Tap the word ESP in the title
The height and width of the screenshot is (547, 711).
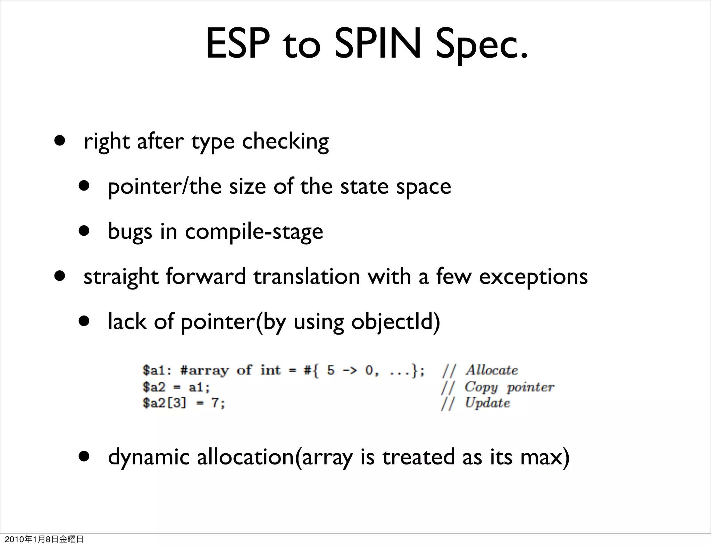pyautogui.click(x=238, y=44)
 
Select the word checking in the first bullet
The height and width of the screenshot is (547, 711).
pyautogui.click(x=285, y=142)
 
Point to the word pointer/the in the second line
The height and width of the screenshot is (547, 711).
pyautogui.click(x=165, y=187)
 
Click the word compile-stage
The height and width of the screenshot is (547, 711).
pyautogui.click(x=254, y=232)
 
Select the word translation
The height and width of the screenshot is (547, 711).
pyautogui.click(x=307, y=277)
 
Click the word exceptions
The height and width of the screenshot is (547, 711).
pyautogui.click(x=533, y=277)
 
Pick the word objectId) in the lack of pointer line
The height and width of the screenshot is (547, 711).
pyautogui.click(x=395, y=322)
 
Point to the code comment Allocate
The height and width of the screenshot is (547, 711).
pyautogui.click(x=492, y=370)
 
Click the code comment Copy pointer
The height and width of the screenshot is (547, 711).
pyautogui.click(x=509, y=387)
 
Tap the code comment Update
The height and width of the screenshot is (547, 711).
pyautogui.click(x=487, y=403)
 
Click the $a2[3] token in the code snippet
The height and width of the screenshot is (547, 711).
pyautogui.click(x=164, y=403)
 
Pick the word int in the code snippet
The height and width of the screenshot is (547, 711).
pyautogui.click(x=270, y=370)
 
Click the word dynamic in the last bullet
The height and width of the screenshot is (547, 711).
pyautogui.click(x=149, y=457)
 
